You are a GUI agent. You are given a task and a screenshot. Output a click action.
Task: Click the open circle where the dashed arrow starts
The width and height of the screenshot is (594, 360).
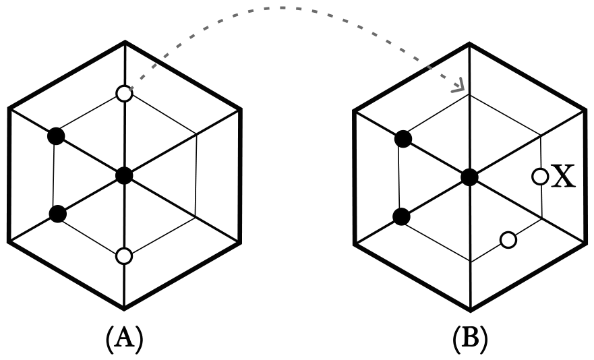coord(124,94)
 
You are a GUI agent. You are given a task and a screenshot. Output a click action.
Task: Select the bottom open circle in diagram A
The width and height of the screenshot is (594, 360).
coord(124,256)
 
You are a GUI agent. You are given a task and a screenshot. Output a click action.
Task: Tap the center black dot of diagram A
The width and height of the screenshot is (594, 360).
coord(124,175)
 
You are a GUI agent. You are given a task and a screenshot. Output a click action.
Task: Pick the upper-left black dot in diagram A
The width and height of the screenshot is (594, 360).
coord(56,136)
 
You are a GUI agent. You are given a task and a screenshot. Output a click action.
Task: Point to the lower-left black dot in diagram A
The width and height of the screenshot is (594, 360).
coord(57,214)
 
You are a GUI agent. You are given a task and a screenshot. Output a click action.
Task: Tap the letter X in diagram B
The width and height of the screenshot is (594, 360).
coord(562,176)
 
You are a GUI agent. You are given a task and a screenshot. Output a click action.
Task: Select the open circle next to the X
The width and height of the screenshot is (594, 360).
coord(540,177)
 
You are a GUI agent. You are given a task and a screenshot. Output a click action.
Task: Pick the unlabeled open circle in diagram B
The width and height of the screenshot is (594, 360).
coord(508,240)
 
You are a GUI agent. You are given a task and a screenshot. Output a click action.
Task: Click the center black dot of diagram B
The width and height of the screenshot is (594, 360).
coord(470,177)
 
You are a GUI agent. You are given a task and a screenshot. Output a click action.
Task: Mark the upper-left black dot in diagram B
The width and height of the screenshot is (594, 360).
coord(403,139)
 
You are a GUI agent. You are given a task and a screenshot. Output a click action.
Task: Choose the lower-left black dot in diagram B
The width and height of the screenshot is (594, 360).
coord(401,217)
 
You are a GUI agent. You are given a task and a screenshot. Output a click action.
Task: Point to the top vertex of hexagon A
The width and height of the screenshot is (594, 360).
coord(125,42)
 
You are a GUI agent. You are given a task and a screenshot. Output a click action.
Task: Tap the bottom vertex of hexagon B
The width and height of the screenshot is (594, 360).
coord(470,311)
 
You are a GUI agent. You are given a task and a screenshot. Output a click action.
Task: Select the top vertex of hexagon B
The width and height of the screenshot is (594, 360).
coord(470,44)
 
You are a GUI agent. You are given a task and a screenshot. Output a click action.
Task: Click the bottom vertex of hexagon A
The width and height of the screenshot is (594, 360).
coord(124,308)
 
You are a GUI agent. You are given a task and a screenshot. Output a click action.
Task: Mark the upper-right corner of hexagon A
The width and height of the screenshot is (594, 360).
coord(240,110)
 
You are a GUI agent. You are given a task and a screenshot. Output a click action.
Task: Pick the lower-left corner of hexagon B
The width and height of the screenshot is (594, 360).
coord(355,245)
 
